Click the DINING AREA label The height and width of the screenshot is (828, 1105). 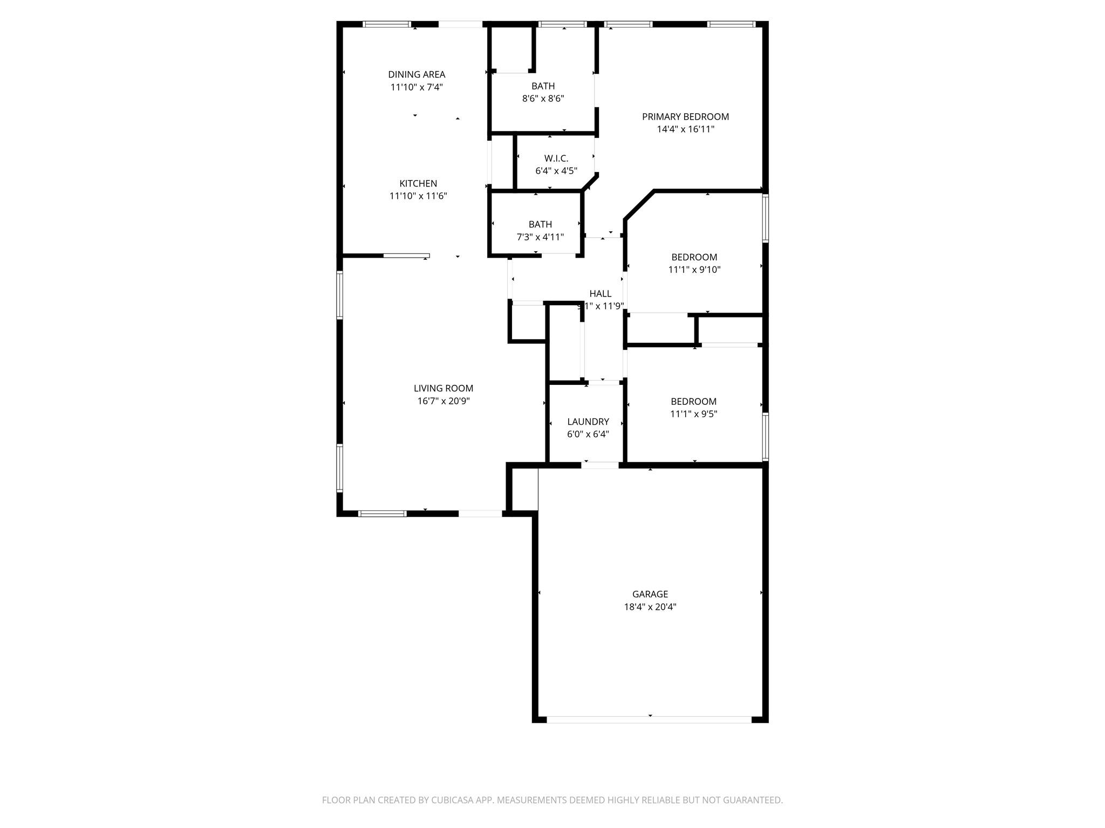[x=417, y=74]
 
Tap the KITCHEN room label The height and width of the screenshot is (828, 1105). [x=418, y=183]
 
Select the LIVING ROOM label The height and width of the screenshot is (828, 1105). [x=444, y=388]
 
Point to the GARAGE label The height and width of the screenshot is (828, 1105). [x=650, y=594]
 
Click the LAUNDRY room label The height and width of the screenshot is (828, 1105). [x=588, y=422]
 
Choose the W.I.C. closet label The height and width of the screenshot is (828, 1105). [x=556, y=158]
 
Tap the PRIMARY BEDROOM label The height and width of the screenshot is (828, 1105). [x=685, y=116]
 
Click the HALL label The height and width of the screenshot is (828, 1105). [x=601, y=294]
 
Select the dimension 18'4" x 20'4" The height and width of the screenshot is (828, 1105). [x=650, y=607]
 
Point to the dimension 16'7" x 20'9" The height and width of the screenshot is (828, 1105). [x=444, y=401]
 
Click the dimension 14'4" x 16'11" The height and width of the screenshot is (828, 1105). [x=685, y=129]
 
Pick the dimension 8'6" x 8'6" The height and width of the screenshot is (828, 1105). [x=543, y=99]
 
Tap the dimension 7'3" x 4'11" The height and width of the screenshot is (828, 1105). [x=540, y=237]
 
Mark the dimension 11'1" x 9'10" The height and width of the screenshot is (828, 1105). [x=694, y=270]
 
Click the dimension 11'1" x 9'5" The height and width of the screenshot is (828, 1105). [x=694, y=414]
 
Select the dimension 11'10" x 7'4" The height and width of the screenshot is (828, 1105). [x=417, y=87]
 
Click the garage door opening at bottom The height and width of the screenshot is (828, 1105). [x=649, y=720]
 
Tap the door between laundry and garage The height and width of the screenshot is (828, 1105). [x=600, y=465]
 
